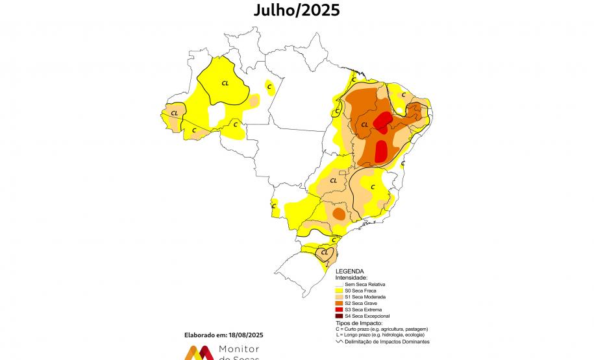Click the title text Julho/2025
pyautogui.click(x=296, y=10)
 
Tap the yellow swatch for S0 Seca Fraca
pyautogui.click(x=339, y=291)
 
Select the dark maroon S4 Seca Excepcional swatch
pyautogui.click(x=339, y=315)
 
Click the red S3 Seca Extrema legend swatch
pyautogui.click(x=339, y=309)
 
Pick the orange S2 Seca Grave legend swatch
pyautogui.click(x=339, y=303)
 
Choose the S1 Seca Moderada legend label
pyautogui.click(x=367, y=297)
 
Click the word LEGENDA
pyautogui.click(x=349, y=272)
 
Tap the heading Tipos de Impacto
pyautogui.click(x=359, y=322)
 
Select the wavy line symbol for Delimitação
pyautogui.click(x=339, y=341)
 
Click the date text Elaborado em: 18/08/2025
pyautogui.click(x=225, y=335)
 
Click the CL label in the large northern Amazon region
pyautogui.click(x=225, y=82)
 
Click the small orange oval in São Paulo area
pyautogui.click(x=338, y=213)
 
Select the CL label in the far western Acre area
pyautogui.click(x=174, y=113)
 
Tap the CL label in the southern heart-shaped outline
pyautogui.click(x=325, y=252)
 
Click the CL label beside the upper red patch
pyautogui.click(x=364, y=125)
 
